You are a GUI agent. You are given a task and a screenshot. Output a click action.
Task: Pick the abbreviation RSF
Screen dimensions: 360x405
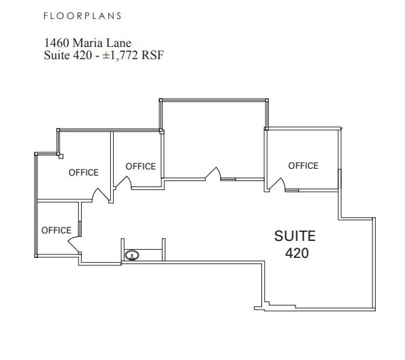(x=153, y=56)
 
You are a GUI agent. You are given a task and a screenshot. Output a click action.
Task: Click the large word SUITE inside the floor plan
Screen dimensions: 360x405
(x=295, y=236)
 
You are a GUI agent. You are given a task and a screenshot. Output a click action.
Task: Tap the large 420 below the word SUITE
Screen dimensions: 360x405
(x=297, y=253)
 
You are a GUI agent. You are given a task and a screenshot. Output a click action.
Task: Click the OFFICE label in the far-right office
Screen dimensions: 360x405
(x=303, y=165)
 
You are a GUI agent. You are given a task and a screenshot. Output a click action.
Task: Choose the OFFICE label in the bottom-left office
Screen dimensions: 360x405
(x=56, y=230)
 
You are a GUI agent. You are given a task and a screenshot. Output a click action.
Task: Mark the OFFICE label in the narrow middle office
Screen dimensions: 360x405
(x=140, y=166)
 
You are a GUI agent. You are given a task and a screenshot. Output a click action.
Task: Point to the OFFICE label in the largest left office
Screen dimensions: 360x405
(x=84, y=173)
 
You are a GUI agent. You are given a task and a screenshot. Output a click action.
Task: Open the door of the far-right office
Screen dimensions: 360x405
(x=276, y=184)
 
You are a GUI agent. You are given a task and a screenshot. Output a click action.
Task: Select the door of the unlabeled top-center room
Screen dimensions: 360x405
(x=214, y=174)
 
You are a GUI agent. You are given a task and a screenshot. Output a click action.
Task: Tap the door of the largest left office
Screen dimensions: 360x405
(x=101, y=195)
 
